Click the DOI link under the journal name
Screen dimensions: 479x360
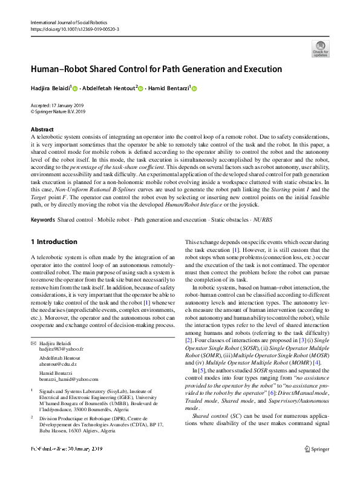click(74, 28)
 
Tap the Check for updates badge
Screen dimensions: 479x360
click(319, 49)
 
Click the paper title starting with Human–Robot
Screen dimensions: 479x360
click(156, 69)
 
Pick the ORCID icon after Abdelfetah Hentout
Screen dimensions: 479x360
click(141, 88)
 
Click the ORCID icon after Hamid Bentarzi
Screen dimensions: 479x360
click(194, 88)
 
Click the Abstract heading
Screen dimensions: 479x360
click(42, 130)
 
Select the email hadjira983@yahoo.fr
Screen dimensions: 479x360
click(62, 349)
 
